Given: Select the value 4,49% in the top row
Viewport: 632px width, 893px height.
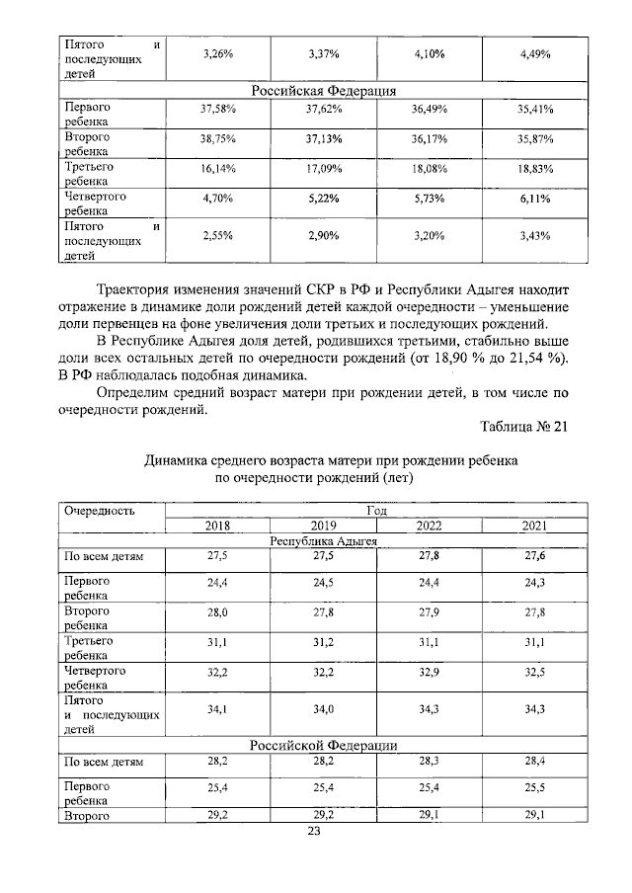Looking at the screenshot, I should (535, 53).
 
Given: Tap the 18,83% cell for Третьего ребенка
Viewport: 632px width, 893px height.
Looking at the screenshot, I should (535, 169).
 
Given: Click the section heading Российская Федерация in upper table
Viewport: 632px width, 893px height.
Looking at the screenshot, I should (323, 90).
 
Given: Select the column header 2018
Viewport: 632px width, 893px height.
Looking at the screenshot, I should (216, 526).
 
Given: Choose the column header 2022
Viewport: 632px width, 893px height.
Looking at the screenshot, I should (429, 526).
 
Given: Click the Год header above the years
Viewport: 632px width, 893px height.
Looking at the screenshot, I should (376, 511).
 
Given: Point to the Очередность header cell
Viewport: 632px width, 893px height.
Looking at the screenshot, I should (99, 512).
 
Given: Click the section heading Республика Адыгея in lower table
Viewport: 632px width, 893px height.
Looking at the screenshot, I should (323, 540).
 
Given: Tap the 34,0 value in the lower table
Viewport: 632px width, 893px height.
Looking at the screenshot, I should (323, 708).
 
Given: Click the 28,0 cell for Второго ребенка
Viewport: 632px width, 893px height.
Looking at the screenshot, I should (216, 613).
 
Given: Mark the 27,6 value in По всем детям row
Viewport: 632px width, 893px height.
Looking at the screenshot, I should (535, 557).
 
